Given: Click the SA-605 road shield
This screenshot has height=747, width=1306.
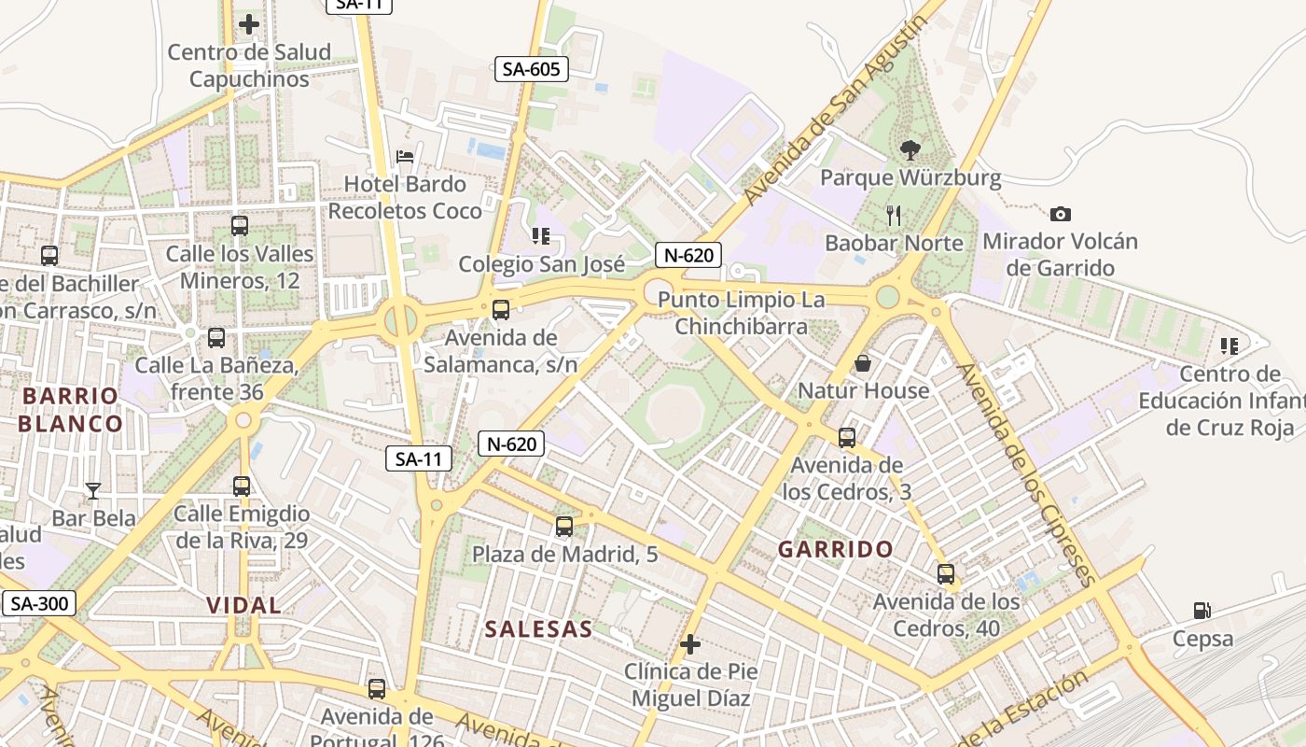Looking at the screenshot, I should (531, 68).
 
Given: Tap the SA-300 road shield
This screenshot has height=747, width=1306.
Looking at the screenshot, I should (38, 603).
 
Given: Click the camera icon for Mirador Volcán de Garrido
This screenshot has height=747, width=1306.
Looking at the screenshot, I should (1060, 215).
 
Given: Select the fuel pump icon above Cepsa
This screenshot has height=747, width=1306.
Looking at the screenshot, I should (1202, 612).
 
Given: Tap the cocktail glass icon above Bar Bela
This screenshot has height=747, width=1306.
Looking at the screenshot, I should (93, 490).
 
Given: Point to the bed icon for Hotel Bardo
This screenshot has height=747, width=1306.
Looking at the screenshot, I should (405, 156).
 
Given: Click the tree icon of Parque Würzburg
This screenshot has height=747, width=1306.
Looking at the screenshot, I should (910, 149).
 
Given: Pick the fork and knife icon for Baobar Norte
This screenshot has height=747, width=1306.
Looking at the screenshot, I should (894, 216).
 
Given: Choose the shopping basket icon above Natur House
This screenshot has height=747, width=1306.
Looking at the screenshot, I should (863, 362).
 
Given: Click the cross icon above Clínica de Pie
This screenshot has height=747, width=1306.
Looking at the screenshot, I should (690, 644).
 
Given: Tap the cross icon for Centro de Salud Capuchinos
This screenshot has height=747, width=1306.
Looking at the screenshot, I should (249, 24).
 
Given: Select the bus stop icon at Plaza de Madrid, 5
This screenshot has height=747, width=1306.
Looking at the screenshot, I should (564, 527).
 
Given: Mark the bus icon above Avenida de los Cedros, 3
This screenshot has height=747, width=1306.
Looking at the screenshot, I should (847, 437).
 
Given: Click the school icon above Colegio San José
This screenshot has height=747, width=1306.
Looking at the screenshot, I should (540, 236).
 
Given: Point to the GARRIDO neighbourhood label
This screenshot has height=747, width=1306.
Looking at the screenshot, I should (836, 549).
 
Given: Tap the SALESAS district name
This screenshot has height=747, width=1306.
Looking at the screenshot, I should (538, 628).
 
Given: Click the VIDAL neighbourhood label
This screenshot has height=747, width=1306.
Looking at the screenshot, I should (243, 605).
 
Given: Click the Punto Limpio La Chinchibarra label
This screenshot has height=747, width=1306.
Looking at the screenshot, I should (742, 313).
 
